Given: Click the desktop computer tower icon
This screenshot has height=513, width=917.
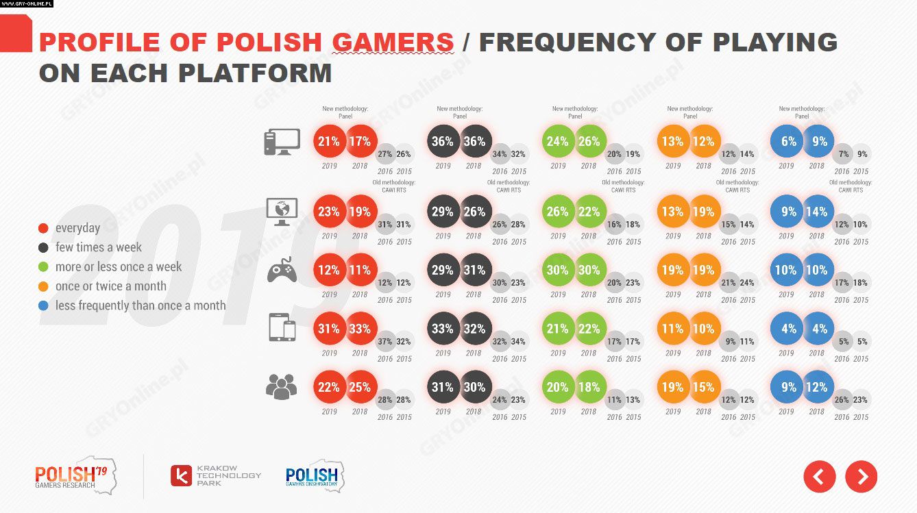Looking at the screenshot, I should pos(282,142).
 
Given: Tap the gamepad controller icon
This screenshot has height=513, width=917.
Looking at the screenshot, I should pos(282,271).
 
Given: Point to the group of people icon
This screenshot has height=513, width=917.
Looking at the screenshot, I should pos(282,387).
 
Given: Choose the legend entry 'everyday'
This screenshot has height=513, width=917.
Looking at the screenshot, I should pos(77,228).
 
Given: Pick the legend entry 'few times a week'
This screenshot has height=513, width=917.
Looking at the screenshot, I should pos(99,247).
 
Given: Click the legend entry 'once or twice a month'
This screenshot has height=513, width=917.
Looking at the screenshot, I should pos(110,286).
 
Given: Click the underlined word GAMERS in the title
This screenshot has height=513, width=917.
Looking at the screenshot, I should pos(393,42).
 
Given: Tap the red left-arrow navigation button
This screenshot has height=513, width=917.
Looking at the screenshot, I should pos(820,476).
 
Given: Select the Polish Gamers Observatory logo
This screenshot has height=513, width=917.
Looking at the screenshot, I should pos(314,475).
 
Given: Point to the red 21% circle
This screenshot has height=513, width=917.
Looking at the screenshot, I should pos(329,142).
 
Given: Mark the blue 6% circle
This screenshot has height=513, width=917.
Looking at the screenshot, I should pos(788,142).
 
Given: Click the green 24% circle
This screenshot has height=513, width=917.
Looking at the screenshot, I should pos(557,142).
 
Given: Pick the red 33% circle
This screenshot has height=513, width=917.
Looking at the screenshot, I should pos(360,329).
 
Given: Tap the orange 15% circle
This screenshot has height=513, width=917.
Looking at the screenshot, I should pos(704,387).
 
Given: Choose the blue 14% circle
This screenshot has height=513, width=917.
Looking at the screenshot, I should pos(817,212).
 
